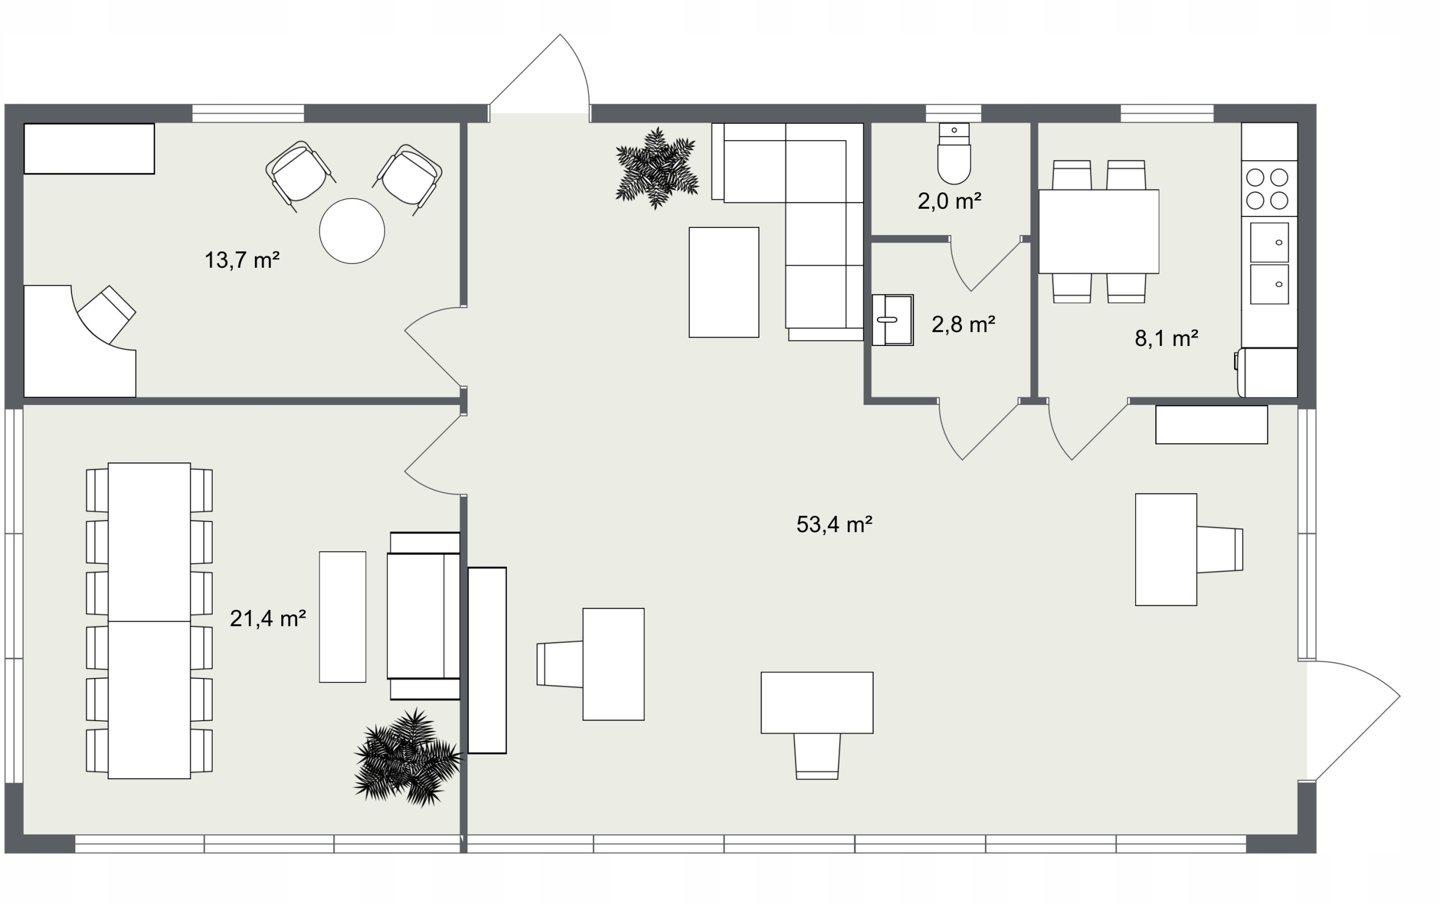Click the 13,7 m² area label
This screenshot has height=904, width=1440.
242,260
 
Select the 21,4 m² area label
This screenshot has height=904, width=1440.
268,618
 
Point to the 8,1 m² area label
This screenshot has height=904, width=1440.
1166,339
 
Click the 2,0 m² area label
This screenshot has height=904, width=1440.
949,201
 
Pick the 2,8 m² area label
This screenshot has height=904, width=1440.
963,324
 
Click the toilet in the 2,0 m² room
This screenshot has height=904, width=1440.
953,153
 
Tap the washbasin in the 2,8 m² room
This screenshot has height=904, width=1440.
893,320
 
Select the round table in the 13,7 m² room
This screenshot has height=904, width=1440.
352,231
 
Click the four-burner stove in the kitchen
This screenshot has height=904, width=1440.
1269,188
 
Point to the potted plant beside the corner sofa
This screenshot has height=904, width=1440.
656,168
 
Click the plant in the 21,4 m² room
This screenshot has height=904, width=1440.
408,758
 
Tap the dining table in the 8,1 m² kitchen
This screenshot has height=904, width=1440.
1099,231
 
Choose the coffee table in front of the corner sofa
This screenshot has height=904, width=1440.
723,282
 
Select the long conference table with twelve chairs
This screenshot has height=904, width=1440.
149,620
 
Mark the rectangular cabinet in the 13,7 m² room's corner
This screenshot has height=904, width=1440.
89,149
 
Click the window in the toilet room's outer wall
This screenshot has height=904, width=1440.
953,113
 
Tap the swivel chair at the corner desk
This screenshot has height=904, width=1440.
106,314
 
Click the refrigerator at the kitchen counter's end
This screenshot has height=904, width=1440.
1267,372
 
